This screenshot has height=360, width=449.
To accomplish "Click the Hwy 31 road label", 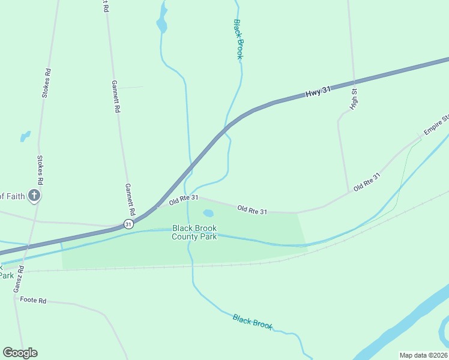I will click(318, 92).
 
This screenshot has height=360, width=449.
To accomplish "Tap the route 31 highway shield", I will click(128, 224).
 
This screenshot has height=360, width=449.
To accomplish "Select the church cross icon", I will click(34, 195).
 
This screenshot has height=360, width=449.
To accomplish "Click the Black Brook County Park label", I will click(194, 232).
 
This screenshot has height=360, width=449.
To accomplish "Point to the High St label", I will click(355, 99).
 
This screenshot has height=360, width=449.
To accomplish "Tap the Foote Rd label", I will click(33, 299).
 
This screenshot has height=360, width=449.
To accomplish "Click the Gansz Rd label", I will click(19, 280).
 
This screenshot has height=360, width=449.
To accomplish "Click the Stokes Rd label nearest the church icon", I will click(40, 170).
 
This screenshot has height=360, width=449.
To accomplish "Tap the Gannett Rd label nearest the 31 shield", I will click(129, 200).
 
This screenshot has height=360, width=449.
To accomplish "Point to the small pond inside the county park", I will click(208, 213).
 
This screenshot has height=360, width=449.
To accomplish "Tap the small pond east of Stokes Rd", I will click(25, 136).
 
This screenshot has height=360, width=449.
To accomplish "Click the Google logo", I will click(20, 353).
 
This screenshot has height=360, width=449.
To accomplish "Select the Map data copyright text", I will click(424, 355).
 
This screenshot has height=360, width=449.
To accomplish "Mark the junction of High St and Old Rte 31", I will click(349, 192).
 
